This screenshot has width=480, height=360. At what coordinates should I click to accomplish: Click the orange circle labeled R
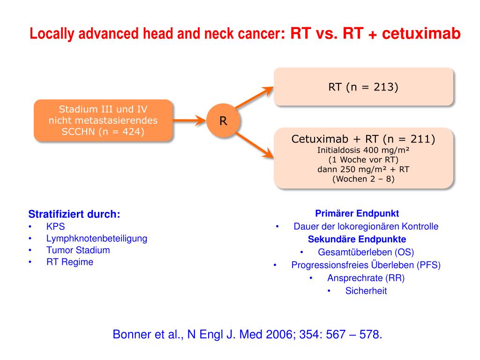(x=224, y=121)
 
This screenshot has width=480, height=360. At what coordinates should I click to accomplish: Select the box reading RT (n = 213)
(x=363, y=87)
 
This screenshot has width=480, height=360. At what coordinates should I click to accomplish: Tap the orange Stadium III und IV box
(x=103, y=120)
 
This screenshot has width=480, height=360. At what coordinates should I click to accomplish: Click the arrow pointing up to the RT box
(x=254, y=97)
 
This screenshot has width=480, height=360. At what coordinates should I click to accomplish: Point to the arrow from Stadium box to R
(x=190, y=120)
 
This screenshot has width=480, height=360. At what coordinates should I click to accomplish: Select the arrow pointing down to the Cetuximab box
(x=254, y=144)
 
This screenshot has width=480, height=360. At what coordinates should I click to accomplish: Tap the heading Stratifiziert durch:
(x=75, y=215)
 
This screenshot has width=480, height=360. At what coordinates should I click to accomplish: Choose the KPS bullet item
(x=55, y=227)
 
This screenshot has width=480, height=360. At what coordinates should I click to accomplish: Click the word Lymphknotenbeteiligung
(x=97, y=238)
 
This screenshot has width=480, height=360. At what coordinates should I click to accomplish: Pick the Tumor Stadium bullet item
(x=78, y=250)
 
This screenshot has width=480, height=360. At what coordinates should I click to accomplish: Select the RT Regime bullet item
(x=69, y=262)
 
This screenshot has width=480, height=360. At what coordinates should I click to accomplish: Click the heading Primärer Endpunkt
(x=357, y=214)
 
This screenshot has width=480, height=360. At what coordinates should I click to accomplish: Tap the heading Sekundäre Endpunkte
(x=357, y=240)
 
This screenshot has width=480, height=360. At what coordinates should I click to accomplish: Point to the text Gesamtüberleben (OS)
(x=366, y=252)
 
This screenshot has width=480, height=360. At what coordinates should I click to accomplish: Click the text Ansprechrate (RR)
(x=366, y=278)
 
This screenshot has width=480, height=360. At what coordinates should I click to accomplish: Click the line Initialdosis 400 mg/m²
(x=363, y=150)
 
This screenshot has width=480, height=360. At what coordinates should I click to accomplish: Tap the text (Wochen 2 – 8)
(x=363, y=179)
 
